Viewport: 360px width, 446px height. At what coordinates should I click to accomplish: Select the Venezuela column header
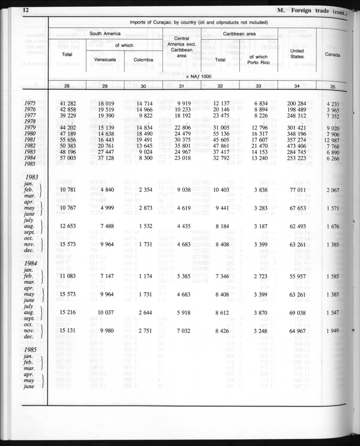(x=105, y=60)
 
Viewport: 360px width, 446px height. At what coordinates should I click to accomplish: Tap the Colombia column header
(x=143, y=60)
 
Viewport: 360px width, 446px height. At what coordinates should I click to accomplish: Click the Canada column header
(x=333, y=54)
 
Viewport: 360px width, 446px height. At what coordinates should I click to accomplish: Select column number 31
(x=181, y=86)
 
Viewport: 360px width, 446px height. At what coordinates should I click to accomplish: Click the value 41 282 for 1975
(x=68, y=103)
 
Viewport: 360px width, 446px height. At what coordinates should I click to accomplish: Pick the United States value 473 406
(x=297, y=146)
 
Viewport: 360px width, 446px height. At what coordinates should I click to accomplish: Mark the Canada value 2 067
(x=333, y=190)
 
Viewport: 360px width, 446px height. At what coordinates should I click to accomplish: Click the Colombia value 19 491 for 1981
(x=144, y=140)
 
